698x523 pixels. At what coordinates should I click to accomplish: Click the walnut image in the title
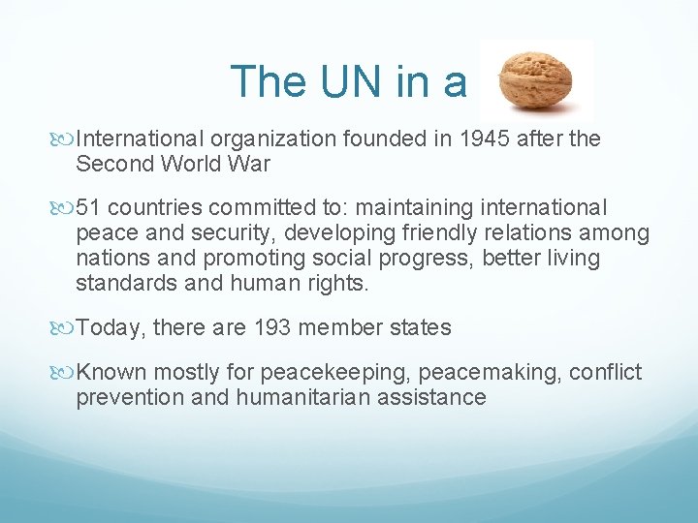(x=535, y=80)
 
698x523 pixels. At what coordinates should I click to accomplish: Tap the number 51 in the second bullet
(x=90, y=208)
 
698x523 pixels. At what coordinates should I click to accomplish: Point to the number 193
(x=272, y=328)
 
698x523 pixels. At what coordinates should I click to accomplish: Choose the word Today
(x=111, y=328)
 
